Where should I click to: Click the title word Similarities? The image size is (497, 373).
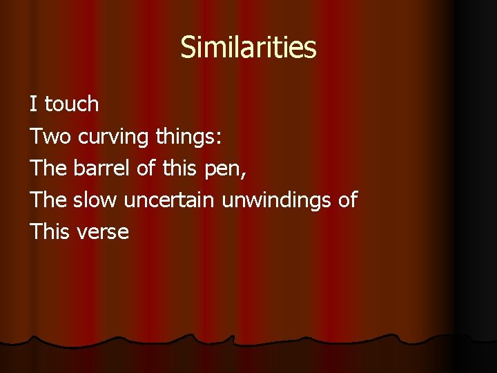(248, 48)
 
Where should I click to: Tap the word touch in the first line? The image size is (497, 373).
(72, 104)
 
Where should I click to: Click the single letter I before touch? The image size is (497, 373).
(33, 104)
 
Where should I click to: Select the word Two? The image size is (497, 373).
(50, 136)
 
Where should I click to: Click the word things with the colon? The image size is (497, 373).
(188, 137)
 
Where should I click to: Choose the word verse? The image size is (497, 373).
(103, 232)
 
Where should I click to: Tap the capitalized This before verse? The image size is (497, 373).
(50, 231)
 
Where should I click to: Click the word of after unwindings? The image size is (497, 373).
(347, 200)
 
